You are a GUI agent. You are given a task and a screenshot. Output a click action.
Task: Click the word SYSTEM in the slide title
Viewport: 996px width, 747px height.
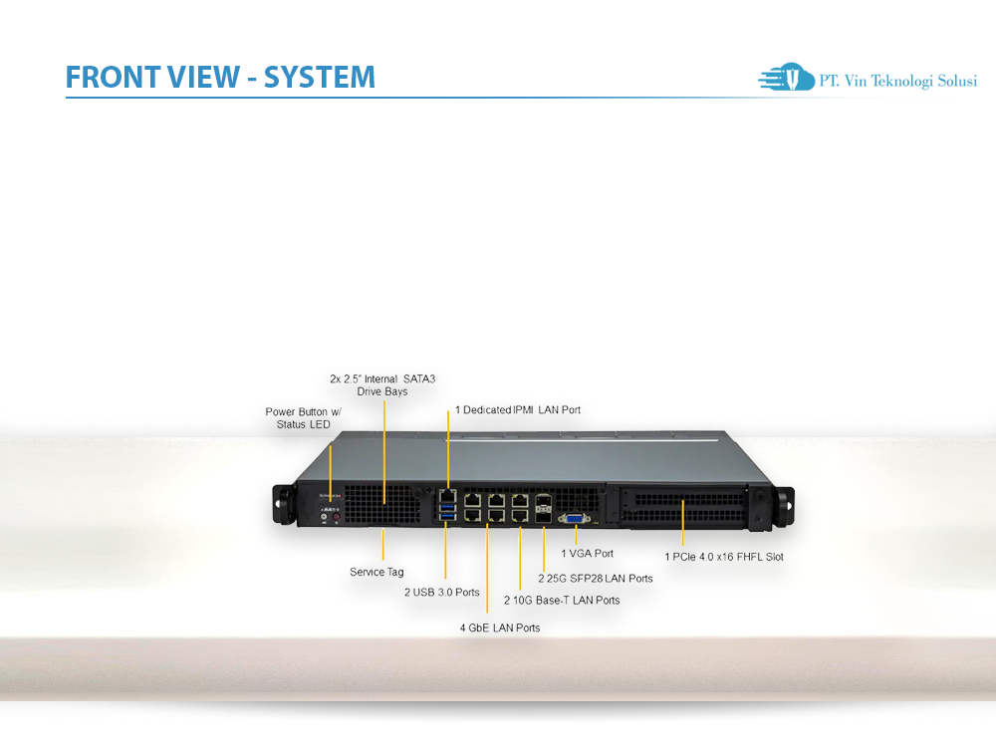[320, 78]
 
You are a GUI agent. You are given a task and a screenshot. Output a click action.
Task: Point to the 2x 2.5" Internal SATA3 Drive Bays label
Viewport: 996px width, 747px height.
[382, 384]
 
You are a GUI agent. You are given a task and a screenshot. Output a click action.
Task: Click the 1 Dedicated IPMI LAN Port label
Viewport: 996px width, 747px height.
[517, 409]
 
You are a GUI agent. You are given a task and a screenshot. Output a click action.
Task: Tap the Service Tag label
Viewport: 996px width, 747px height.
[376, 572]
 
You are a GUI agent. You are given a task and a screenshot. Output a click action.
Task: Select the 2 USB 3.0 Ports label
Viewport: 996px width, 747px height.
[441, 592]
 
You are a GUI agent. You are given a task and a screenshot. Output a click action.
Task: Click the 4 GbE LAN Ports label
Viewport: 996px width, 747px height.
[499, 627]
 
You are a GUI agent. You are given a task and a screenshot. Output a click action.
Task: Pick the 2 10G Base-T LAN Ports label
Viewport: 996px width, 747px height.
[561, 600]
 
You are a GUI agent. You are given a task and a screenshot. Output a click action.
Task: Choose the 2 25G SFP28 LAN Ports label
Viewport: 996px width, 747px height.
[596, 578]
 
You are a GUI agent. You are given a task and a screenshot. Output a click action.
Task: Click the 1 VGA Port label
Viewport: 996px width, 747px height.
[587, 553]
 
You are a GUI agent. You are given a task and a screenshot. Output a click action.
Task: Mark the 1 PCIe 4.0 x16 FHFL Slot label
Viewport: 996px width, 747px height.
[724, 557]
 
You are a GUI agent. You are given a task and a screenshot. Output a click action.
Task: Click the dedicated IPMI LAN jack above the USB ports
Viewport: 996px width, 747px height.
[447, 494]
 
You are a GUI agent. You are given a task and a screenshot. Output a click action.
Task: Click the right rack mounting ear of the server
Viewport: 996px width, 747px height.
[784, 503]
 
